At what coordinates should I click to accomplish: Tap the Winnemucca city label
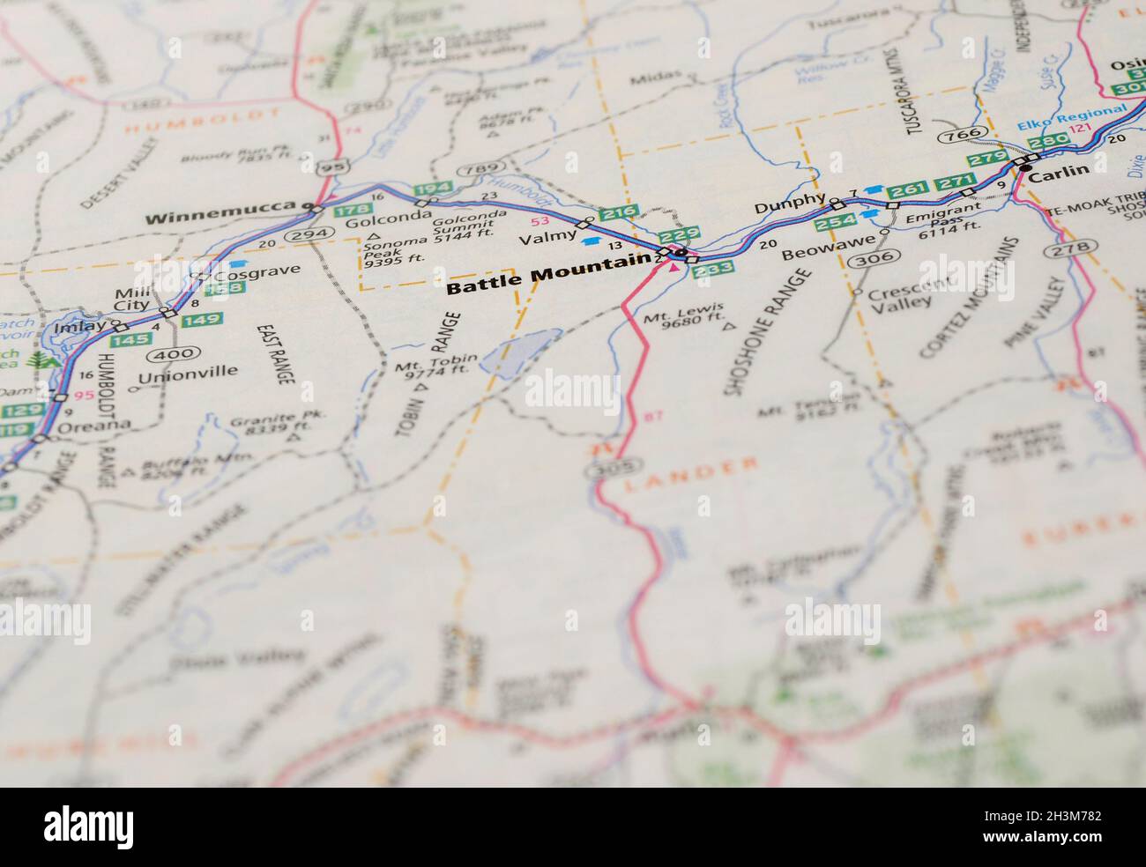(x=220, y=218)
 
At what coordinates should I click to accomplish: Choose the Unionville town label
(x=188, y=372)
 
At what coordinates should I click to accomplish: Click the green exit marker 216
(x=618, y=213)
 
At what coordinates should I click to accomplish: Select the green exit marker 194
(x=432, y=189)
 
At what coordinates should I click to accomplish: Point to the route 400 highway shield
(x=165, y=354)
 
